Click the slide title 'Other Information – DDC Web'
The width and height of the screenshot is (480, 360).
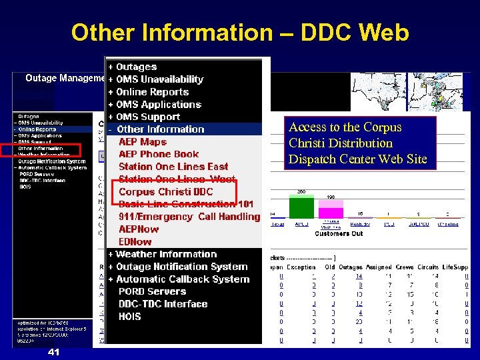coord(240,32)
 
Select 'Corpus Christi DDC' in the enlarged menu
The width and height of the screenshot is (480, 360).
coord(166,192)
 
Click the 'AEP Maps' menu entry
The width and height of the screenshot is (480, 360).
coord(143,142)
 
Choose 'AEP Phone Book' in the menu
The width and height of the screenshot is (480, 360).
coord(159,154)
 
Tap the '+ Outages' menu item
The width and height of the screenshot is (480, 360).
coord(133,67)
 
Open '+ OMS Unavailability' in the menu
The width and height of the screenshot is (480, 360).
coord(156,79)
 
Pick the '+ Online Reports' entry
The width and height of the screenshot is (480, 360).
coord(149,92)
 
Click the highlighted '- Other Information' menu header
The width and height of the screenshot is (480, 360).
coord(157,129)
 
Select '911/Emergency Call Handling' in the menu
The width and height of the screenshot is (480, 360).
coord(189,217)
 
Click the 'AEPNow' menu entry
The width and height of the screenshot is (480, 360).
coord(139,229)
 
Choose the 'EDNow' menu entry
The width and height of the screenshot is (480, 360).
coord(135,241)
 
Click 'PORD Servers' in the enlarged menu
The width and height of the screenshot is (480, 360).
coord(153,291)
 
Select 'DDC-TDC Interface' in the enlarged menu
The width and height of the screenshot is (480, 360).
coord(163,304)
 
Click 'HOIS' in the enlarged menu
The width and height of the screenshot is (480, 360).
coord(130,317)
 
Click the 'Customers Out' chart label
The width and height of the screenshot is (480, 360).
coord(338,234)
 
